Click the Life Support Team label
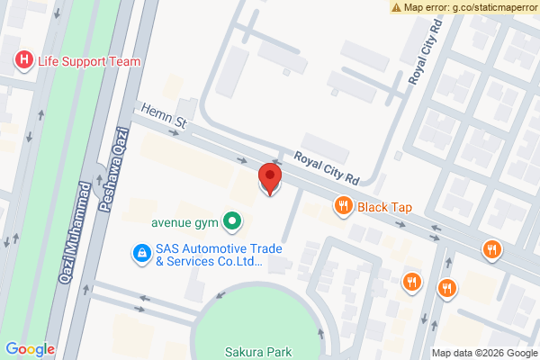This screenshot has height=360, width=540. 88,61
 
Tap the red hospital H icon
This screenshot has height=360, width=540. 22,61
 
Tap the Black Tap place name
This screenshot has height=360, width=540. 384,207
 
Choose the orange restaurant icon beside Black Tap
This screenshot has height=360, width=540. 343,207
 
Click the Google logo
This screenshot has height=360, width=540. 30,349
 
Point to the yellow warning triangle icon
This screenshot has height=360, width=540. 396,6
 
